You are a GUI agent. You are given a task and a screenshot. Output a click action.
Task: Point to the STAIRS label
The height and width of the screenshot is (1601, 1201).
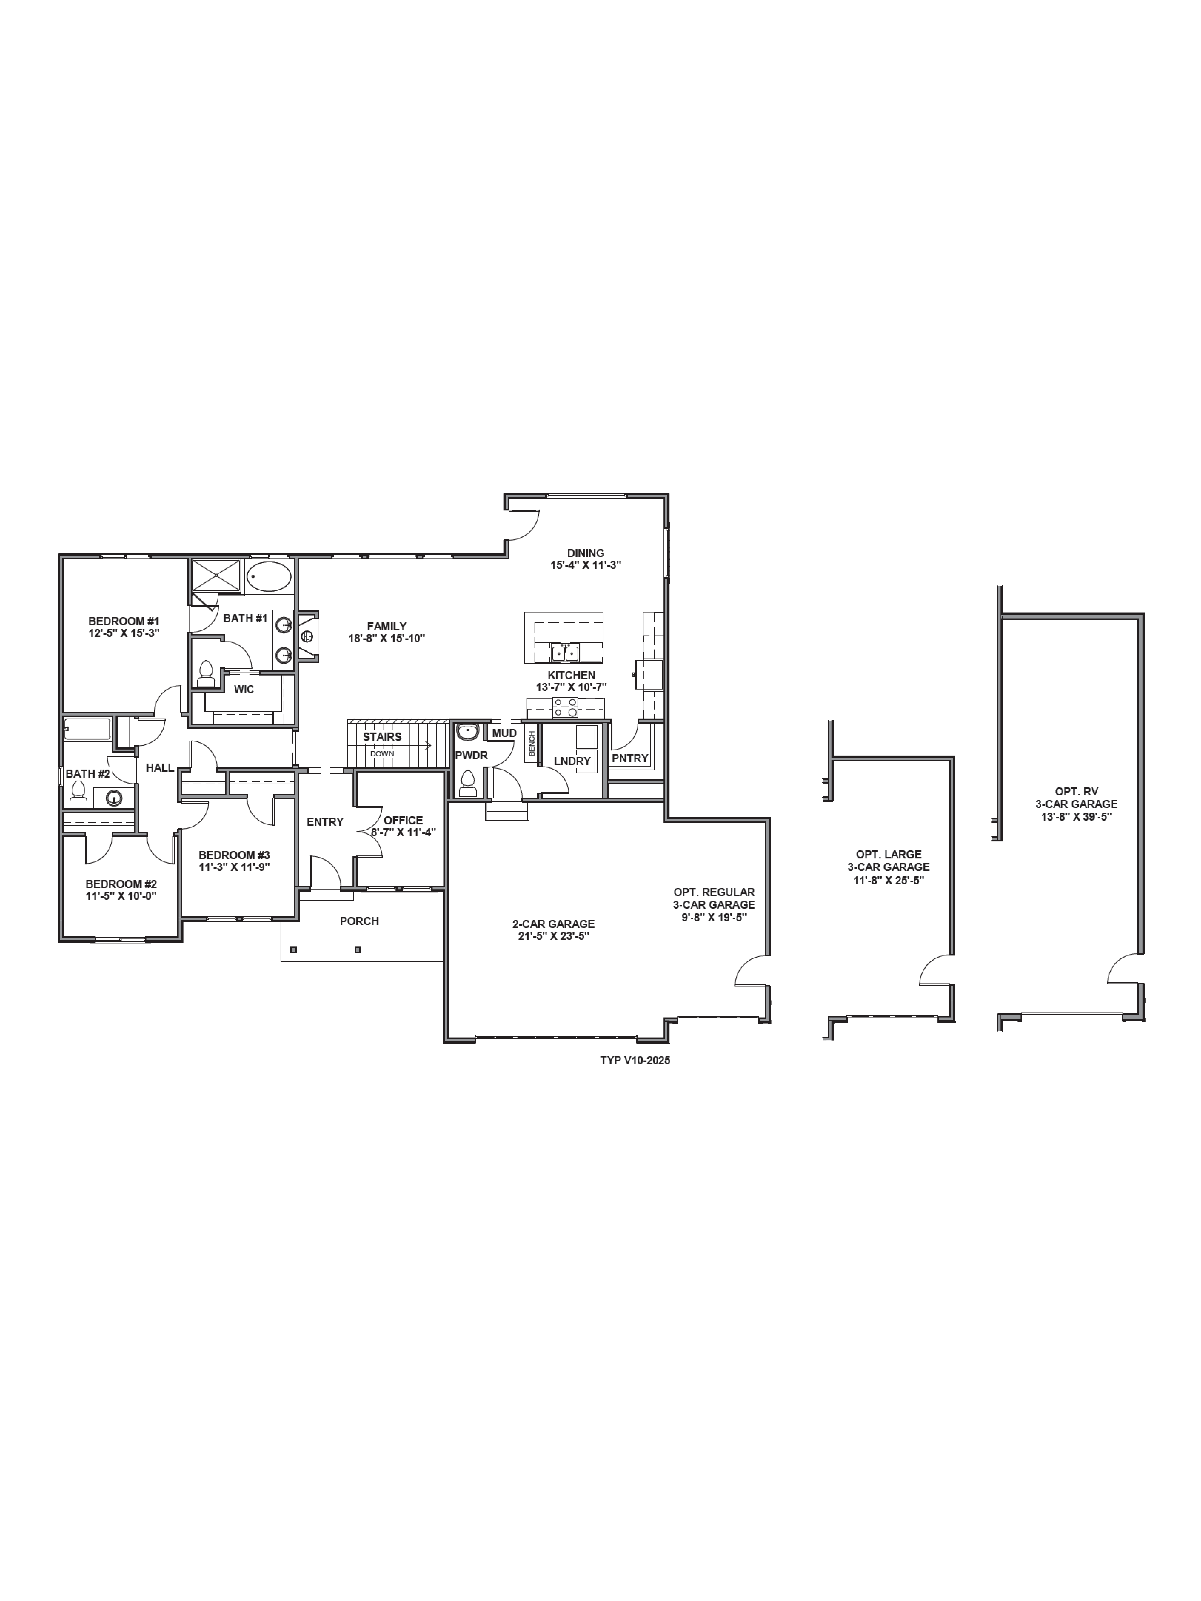[x=382, y=737]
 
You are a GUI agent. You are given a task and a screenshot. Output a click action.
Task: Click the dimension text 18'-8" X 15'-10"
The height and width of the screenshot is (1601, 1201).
[x=387, y=638]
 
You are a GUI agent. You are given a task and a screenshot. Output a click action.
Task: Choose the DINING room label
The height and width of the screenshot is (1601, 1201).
[x=586, y=553]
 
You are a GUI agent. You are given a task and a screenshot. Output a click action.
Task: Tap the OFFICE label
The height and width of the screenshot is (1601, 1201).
[x=403, y=820]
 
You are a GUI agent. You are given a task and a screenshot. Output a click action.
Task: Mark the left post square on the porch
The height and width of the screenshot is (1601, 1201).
[x=293, y=950]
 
